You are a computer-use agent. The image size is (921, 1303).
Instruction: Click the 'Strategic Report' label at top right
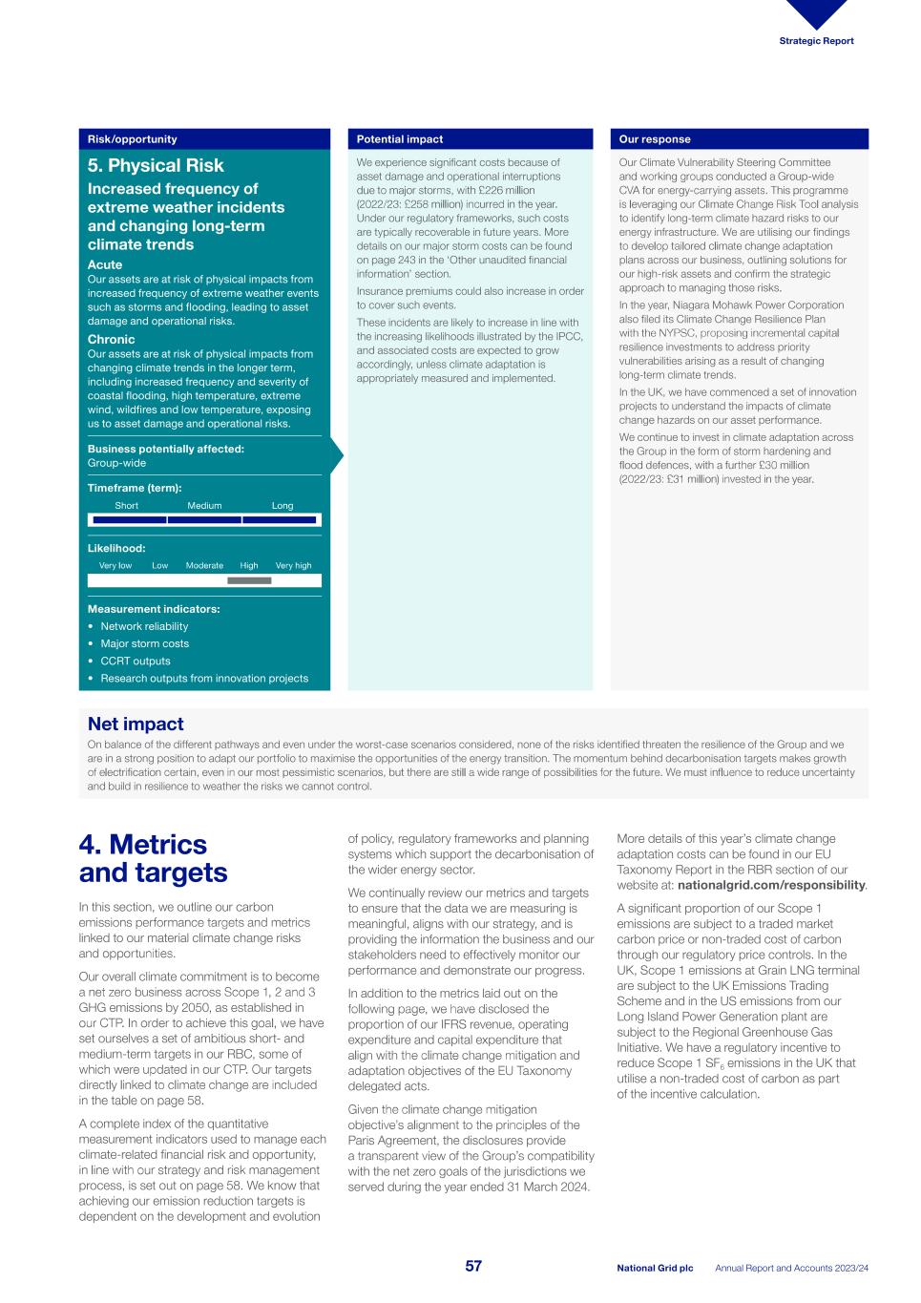[x=816, y=41]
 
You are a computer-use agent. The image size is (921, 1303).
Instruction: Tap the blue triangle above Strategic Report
[x=816, y=12]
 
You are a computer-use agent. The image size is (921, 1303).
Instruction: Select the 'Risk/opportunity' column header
[x=133, y=139]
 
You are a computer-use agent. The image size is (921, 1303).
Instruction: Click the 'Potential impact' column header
[x=400, y=139]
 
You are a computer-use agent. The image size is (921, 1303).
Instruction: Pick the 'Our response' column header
[x=655, y=139]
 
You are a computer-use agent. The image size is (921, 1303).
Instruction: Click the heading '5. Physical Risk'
[x=156, y=165]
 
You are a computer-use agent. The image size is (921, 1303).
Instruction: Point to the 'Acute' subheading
[x=105, y=264]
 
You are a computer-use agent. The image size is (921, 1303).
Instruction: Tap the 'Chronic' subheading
[x=112, y=339]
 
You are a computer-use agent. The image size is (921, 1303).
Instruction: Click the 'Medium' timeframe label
[x=204, y=506]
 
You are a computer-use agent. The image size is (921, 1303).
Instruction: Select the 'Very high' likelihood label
[x=293, y=565]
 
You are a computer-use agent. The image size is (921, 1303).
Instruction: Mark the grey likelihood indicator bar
[x=249, y=580]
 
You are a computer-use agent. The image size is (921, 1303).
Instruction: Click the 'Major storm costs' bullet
[x=144, y=643]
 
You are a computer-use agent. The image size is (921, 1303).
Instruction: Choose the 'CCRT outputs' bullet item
[x=136, y=661]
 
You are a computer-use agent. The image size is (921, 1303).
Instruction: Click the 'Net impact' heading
[x=136, y=724]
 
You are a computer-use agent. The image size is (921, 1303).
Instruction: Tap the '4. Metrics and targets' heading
[x=153, y=858]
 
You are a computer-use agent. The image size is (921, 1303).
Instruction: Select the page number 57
[x=473, y=1266]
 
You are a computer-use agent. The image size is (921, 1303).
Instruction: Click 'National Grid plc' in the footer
[x=655, y=1268]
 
